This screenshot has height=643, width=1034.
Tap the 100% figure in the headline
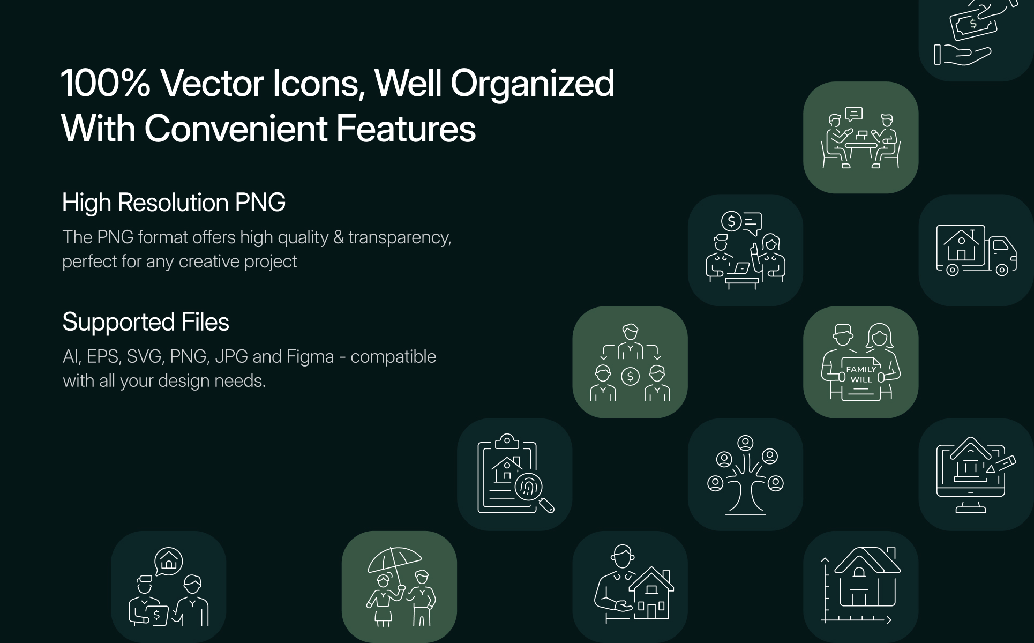106,84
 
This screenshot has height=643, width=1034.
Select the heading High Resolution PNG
174,203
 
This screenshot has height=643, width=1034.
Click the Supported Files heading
146,322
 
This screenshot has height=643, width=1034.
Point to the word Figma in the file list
310,357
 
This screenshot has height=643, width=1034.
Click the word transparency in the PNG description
400,237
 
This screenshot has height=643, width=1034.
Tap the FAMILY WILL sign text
861,375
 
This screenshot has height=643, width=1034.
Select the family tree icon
745,475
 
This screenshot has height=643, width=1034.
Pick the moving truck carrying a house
976,250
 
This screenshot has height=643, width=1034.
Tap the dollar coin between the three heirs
630,376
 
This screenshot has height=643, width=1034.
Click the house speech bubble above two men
168,561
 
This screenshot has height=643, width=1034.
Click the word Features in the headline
406,129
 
